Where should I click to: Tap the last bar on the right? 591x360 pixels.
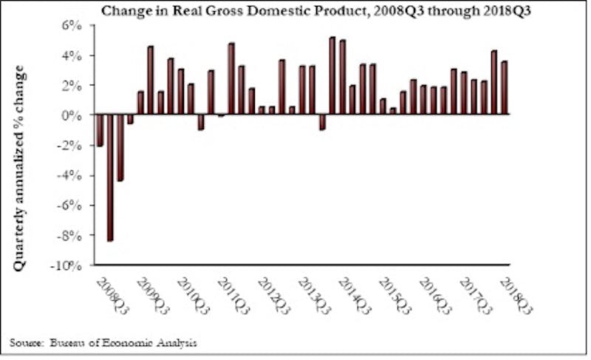[x=505, y=88]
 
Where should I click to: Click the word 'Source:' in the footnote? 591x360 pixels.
[x=25, y=342]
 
